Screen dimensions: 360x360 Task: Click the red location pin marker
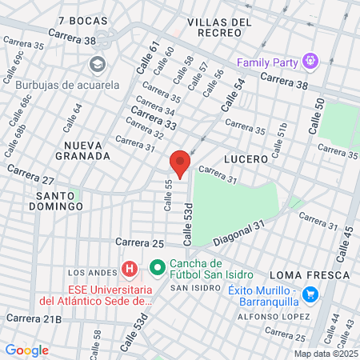click(x=181, y=163)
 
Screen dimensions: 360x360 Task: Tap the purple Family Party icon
click(x=310, y=62)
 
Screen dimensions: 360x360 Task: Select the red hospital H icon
click(x=126, y=266)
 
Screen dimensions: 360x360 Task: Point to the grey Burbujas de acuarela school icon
click(x=98, y=63)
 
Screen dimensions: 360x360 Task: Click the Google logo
click(x=26, y=350)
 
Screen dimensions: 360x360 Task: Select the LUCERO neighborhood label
click(x=246, y=159)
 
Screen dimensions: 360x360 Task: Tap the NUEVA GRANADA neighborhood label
click(x=82, y=150)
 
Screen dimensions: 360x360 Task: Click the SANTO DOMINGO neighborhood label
click(x=60, y=200)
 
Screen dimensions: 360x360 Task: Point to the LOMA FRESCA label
click(x=310, y=274)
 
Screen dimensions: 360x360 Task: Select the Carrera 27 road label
click(x=31, y=175)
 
